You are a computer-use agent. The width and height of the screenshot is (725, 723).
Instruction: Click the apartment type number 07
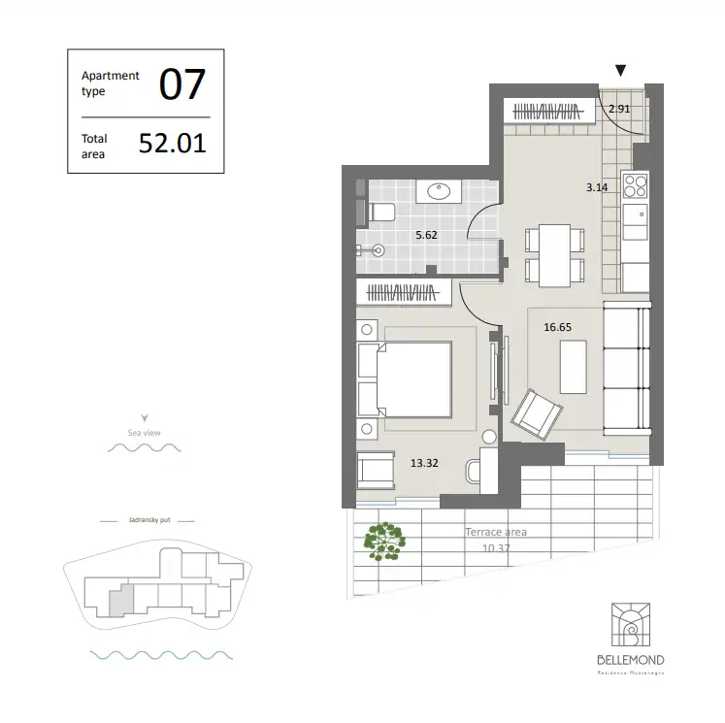click(182, 84)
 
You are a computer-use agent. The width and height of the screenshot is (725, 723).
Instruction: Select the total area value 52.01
click(173, 144)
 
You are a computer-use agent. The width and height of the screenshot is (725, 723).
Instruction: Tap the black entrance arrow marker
click(621, 71)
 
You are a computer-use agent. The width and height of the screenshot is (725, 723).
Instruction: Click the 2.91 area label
click(619, 109)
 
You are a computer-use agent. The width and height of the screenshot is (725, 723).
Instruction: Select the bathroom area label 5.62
click(427, 235)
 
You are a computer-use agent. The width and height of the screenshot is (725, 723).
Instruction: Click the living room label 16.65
click(557, 327)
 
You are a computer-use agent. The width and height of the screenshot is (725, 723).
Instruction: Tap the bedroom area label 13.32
click(425, 463)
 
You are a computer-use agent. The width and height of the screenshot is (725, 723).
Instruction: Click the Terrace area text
click(496, 533)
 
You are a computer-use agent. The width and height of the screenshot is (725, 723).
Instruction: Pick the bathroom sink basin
click(439, 191)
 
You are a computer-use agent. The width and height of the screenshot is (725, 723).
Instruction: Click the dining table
click(553, 254)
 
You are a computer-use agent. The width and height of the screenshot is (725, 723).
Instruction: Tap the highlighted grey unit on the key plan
click(116, 602)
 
